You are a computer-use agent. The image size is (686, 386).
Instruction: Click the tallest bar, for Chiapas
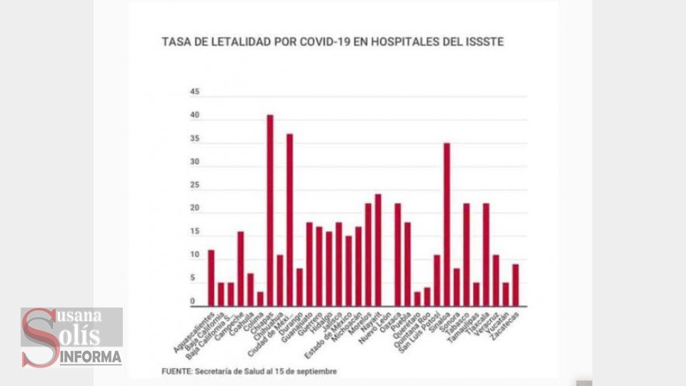coord(270,210)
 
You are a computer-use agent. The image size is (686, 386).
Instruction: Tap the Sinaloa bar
coord(447,224)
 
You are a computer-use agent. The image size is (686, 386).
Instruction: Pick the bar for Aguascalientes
coord(212,278)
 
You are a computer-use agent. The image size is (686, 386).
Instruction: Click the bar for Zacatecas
coord(515,285)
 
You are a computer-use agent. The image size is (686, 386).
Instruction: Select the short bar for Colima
coord(261,299)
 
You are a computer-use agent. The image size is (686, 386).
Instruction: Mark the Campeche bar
coord(241,269)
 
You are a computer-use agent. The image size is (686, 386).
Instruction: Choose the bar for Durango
coord(300,287)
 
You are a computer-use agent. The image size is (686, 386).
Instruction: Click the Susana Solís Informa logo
coord(71,337)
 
